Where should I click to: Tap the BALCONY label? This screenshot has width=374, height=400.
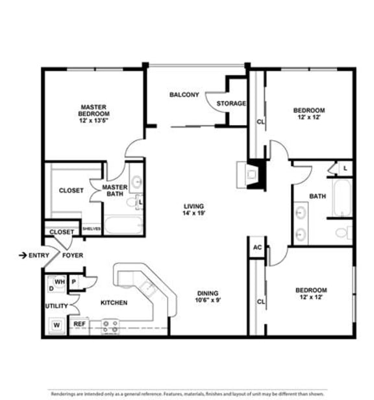[184, 95]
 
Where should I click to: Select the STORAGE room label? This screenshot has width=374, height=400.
[231, 103]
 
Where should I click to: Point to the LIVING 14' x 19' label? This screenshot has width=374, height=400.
[194, 209]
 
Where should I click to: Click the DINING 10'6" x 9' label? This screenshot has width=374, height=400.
[208, 297]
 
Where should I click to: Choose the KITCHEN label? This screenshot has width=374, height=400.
[114, 303]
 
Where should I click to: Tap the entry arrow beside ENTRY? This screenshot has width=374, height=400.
[23, 255]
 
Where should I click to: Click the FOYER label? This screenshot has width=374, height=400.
[73, 255]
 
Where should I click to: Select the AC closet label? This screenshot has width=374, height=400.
[257, 247]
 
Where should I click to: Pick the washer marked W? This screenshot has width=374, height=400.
[56, 324]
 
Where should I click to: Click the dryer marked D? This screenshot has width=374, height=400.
[51, 286]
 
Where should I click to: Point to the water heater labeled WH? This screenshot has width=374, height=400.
[60, 282]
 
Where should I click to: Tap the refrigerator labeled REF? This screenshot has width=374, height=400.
[79, 324]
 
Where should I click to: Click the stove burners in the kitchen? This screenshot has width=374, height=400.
[110, 325]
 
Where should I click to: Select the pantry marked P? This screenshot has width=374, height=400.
[74, 282]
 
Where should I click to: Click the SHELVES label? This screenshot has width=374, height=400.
[92, 228]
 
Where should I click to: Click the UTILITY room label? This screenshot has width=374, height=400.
[56, 306]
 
